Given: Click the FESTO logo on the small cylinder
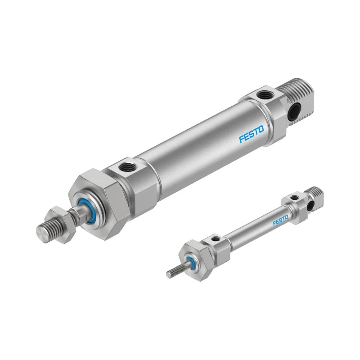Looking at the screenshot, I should pos(280,221).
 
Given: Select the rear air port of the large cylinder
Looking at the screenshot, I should pos(262,95).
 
